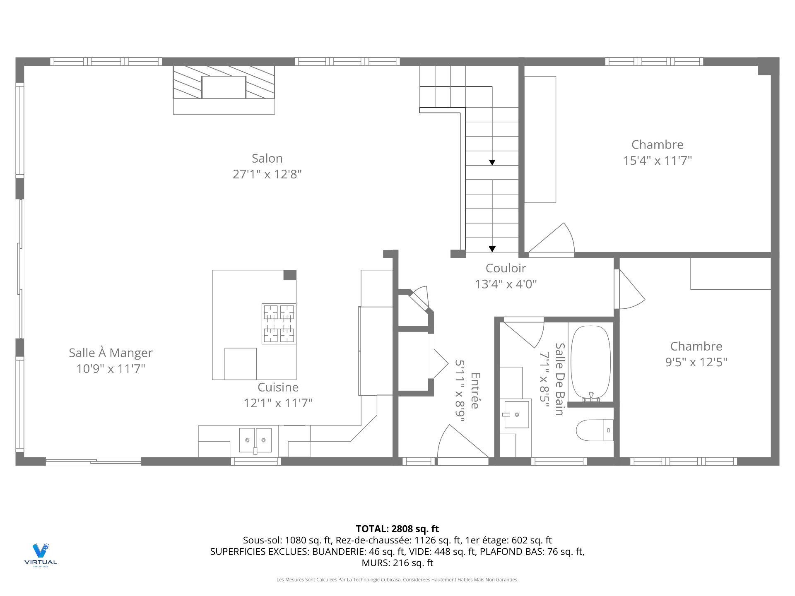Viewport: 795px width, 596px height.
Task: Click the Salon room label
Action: coord(267,158)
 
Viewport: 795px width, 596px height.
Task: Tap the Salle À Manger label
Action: coord(111,353)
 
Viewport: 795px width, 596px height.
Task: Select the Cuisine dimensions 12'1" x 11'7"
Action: coord(278,403)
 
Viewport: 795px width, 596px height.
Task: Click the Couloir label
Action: coord(506,268)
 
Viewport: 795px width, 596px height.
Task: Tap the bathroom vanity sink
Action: coord(516,414)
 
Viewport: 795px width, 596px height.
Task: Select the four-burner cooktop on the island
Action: coord(279,324)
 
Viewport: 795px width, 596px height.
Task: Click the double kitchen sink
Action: coord(255,440)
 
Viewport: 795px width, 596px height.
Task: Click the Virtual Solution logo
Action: coord(41,555)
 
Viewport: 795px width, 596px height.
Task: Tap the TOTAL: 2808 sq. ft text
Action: coord(397,529)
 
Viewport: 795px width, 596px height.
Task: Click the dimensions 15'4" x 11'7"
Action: coord(658,160)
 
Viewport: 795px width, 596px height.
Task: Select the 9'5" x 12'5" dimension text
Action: coord(696,362)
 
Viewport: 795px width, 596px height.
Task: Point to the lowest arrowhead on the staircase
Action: coord(492,249)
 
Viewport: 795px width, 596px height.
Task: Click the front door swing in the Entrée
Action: coord(463,442)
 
